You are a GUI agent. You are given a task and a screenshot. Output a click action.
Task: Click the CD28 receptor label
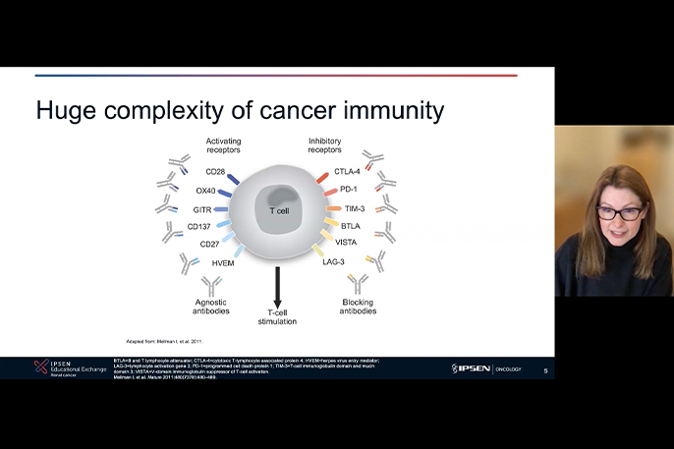(x=215, y=172)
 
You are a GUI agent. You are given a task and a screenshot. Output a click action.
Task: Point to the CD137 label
(x=200, y=227)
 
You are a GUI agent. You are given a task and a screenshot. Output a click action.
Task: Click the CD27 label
(x=209, y=245)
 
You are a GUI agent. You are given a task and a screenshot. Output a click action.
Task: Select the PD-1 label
(x=348, y=190)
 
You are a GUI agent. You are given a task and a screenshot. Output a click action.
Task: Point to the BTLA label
(x=350, y=226)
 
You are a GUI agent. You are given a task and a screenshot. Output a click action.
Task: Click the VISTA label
(x=346, y=242)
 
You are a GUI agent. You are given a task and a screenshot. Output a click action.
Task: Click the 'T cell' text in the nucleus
(x=279, y=210)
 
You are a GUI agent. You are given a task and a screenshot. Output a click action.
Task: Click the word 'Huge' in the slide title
(x=70, y=110)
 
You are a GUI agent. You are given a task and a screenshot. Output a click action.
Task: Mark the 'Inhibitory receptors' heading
(x=325, y=146)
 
